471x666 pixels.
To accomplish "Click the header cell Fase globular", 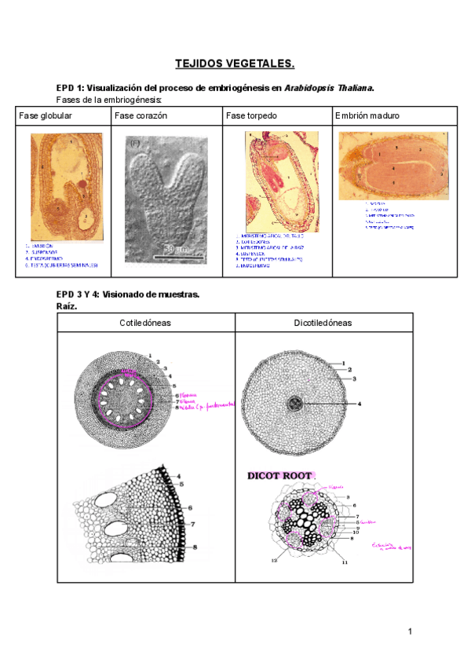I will tap(46, 115).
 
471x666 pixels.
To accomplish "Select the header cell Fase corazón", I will tap(141, 115).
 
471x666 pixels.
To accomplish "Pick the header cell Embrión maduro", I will tap(367, 115).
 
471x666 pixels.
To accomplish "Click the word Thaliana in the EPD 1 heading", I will tap(352, 87).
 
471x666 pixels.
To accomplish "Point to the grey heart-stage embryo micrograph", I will tap(166, 197).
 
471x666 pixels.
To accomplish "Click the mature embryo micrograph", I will tap(393, 165).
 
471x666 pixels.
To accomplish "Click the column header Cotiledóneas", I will tap(145, 323).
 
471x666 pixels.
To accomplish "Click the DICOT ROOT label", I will tap(280, 476).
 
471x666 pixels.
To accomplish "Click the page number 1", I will tap(410, 631).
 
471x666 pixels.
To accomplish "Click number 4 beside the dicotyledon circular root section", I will tap(359, 404).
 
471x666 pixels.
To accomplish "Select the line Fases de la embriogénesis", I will tap(110, 101).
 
